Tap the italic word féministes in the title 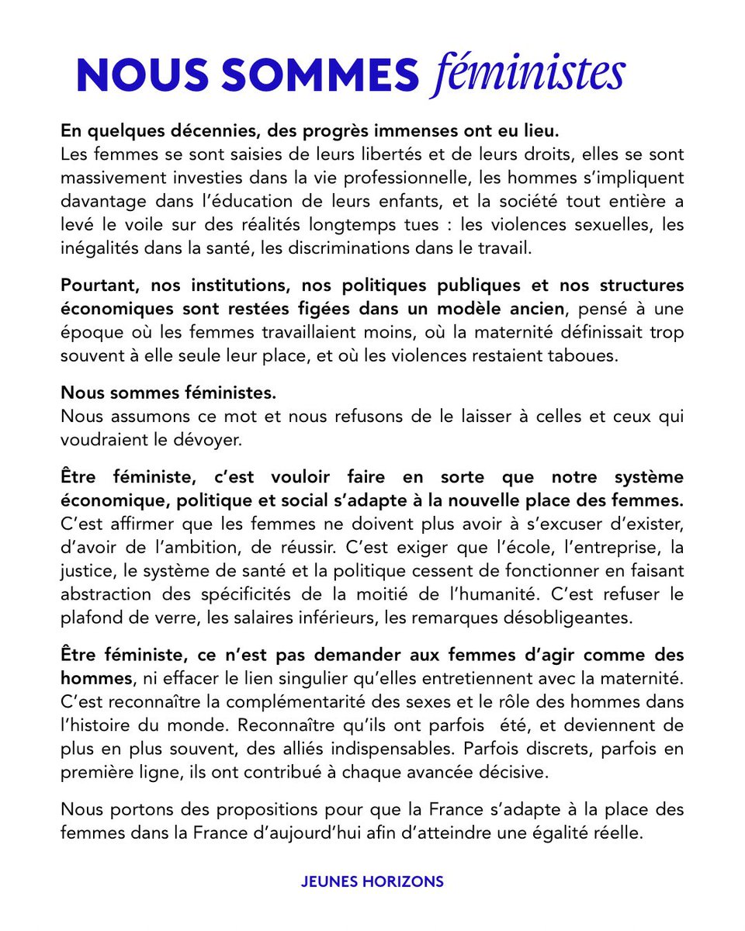coord(527,74)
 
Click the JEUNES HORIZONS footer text coord(372,881)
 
